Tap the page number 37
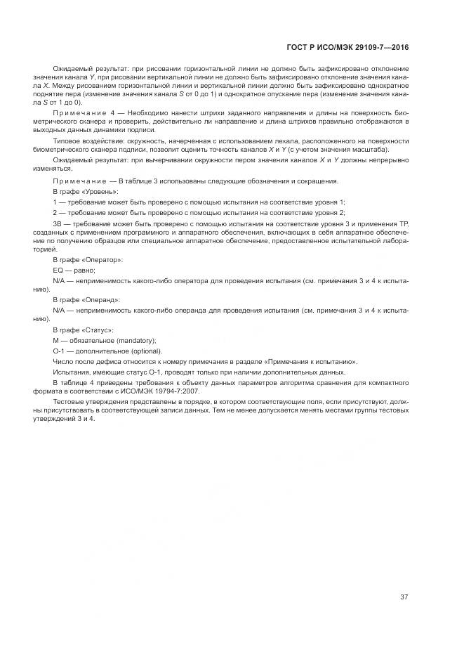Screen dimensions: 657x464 click(404, 597)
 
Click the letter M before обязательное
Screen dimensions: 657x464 click(55, 340)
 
